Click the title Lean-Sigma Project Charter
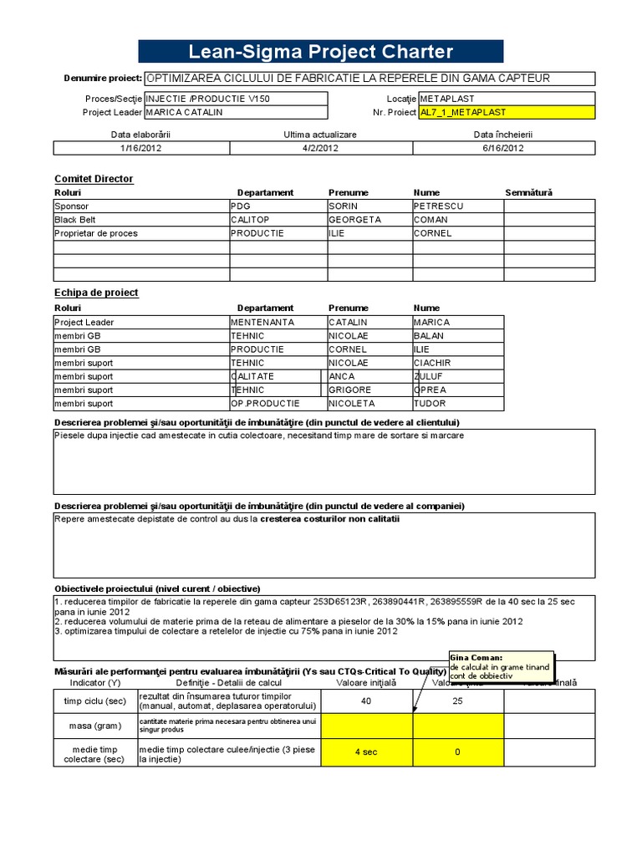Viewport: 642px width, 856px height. click(320, 52)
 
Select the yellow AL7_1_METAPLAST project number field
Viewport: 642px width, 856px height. click(507, 112)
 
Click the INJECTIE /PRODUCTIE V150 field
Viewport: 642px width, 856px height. click(236, 99)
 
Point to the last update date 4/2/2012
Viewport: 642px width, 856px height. click(320, 148)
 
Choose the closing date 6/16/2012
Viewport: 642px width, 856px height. click(503, 148)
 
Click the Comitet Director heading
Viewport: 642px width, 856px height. click(94, 179)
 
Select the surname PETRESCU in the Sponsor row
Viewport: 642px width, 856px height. click(438, 206)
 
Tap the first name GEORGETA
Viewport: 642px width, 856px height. click(354, 220)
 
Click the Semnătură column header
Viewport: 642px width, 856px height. click(528, 192)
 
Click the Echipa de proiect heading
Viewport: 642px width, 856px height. click(96, 293)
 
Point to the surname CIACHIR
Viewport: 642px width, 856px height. click(433, 363)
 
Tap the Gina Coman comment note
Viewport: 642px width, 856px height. click(500, 665)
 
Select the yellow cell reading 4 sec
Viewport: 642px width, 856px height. click(365, 752)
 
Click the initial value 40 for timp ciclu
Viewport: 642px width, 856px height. click(365, 701)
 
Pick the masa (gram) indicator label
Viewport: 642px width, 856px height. click(90, 726)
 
